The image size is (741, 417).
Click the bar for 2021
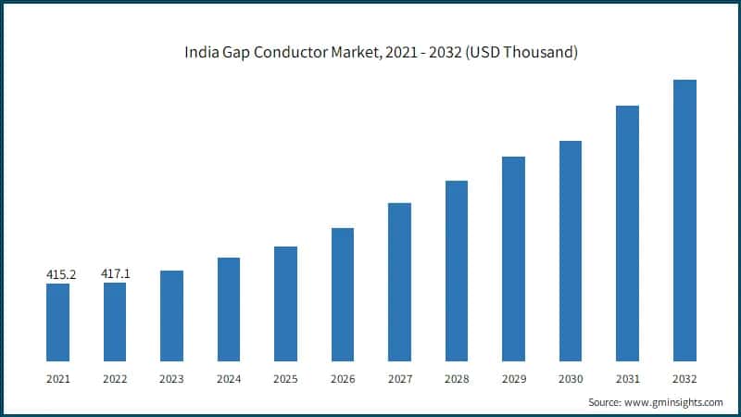click(57, 322)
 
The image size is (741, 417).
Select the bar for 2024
click(229, 309)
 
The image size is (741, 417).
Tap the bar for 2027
click(399, 282)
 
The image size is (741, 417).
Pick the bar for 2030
click(571, 250)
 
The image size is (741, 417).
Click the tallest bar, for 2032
click(684, 220)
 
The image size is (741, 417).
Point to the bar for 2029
click(514, 259)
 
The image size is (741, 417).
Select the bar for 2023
click(171, 315)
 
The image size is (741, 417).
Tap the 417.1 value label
click(116, 274)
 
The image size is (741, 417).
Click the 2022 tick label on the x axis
click(115, 378)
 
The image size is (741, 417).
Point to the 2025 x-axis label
click(286, 378)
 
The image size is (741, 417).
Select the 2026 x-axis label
click(343, 378)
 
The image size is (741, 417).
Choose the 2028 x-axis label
click(457, 378)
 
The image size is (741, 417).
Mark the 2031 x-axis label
click(627, 378)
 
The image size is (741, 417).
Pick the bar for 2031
click(628, 233)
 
